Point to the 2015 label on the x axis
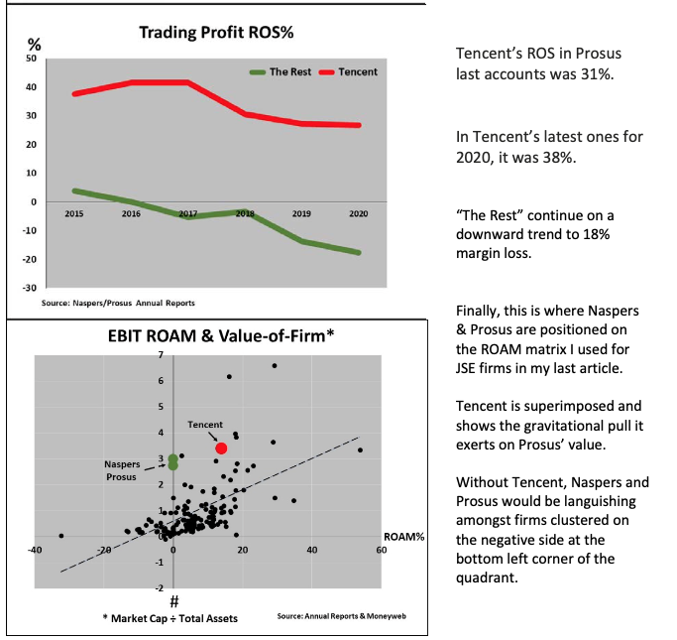(73, 213)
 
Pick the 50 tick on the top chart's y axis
(31, 60)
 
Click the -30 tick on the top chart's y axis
(29, 288)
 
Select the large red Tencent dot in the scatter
(221, 449)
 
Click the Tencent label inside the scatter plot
(205, 425)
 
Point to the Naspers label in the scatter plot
(122, 463)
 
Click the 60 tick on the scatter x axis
(381, 550)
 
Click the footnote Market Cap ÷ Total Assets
(173, 616)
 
